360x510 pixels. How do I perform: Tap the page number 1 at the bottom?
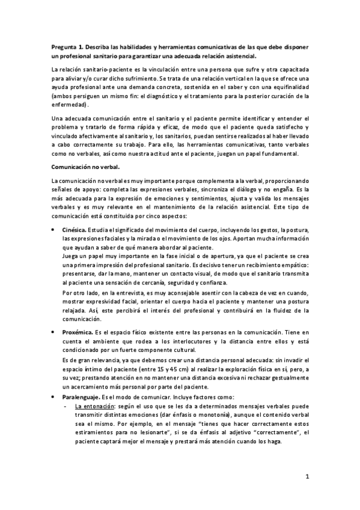pos(307,478)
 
